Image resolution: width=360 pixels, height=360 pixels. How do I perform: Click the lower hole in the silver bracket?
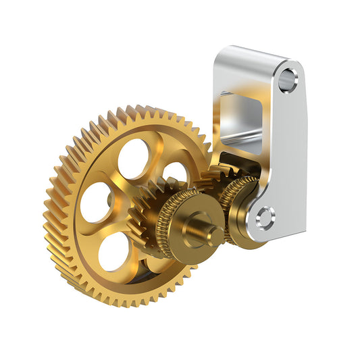point(265,217)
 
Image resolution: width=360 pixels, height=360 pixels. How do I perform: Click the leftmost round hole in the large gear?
point(96,202)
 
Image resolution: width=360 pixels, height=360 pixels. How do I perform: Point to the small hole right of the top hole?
point(175,174)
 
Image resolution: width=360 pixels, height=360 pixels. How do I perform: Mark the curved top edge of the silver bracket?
point(250,51)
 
